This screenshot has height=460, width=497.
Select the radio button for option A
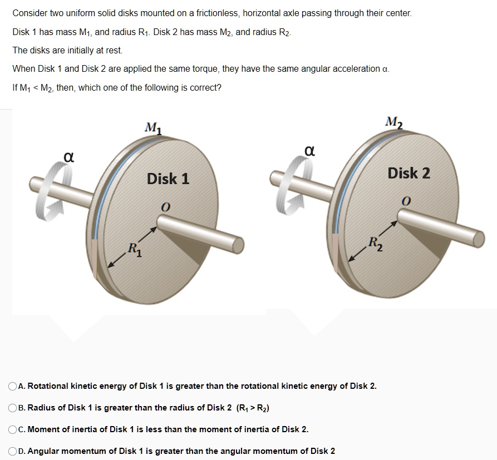[13, 386]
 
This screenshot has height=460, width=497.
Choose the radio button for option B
[13, 408]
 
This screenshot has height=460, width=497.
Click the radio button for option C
[13, 429]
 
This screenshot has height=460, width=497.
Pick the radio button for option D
[13, 451]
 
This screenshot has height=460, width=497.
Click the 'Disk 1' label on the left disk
[168, 179]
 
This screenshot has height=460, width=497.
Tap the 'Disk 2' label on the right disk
[409, 174]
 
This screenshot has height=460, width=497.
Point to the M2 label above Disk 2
[394, 122]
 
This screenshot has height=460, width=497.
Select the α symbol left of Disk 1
[68, 157]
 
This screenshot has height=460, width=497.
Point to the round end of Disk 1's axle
[238, 244]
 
